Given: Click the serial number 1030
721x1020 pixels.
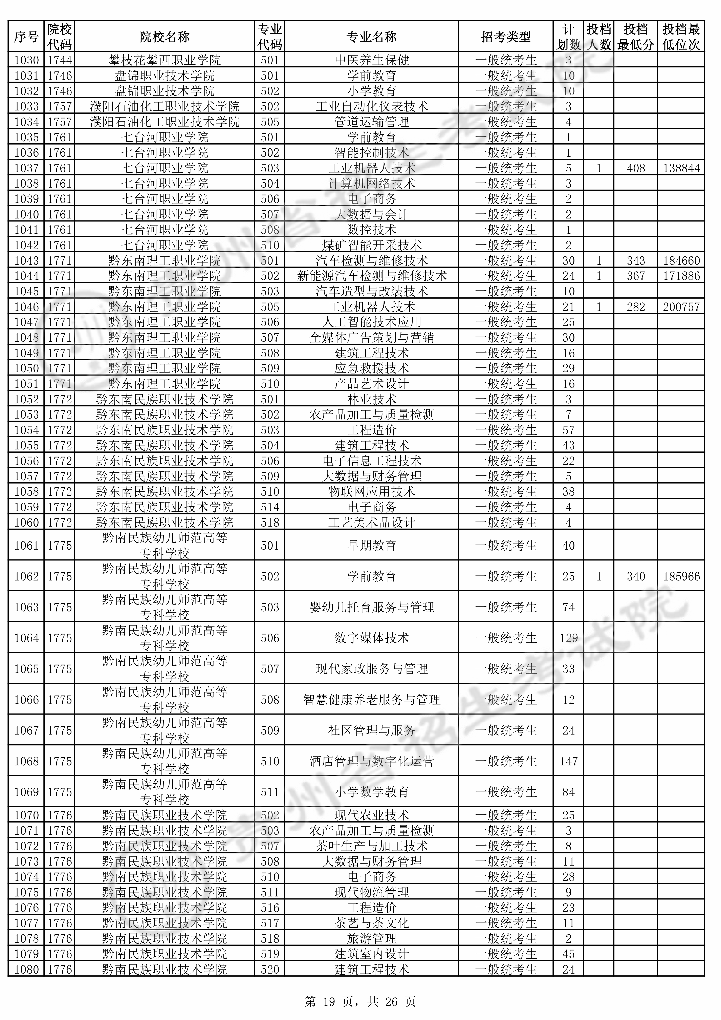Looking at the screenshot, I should point(27,60).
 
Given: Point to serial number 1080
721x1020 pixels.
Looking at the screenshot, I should point(27,970).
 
